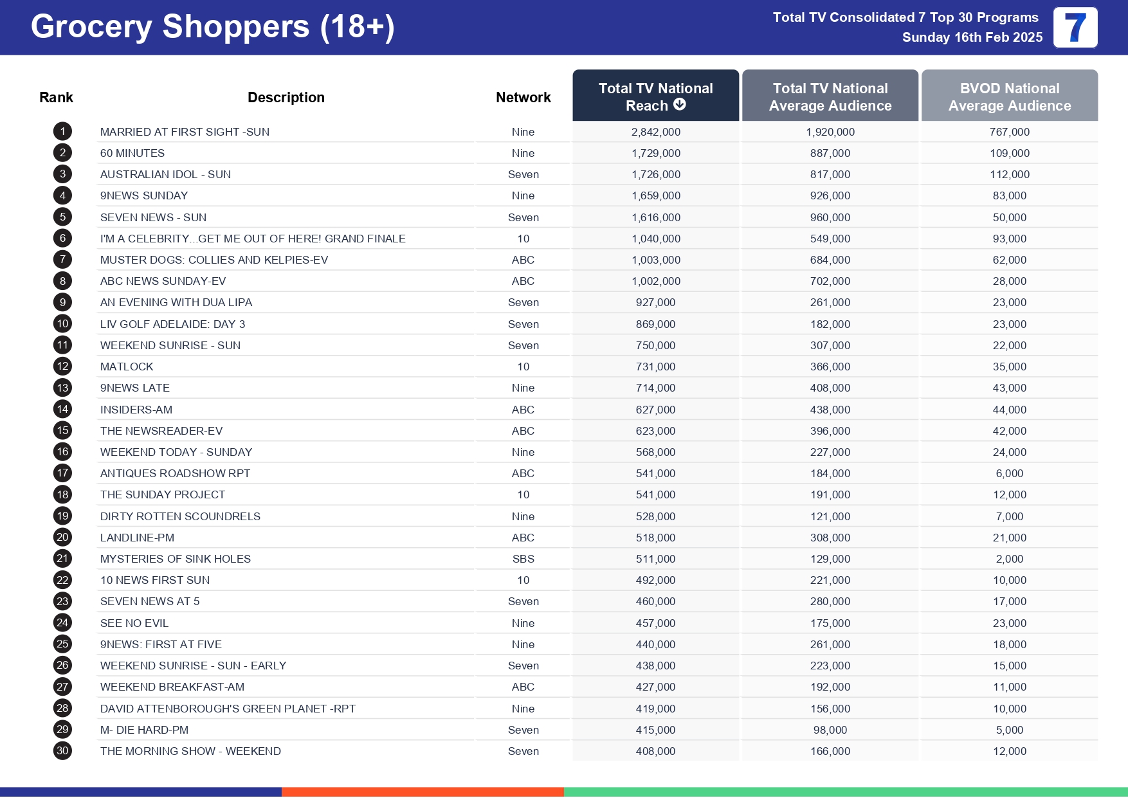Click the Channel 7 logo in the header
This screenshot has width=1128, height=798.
1075,28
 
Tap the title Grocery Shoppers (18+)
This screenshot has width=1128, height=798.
212,27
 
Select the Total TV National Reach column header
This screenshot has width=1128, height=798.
655,96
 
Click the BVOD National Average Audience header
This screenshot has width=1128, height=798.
1009,96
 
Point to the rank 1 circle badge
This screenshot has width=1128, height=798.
62,132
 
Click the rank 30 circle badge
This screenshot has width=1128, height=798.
62,750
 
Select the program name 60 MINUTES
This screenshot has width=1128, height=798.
132,153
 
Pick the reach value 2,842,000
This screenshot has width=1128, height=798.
655,132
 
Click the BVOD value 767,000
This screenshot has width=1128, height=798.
1009,132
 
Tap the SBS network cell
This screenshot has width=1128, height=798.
523,559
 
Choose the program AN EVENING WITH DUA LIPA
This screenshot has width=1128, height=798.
176,302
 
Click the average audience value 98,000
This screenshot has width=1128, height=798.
830,730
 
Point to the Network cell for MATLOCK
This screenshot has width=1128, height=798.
523,367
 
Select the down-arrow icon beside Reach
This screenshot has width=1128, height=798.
680,104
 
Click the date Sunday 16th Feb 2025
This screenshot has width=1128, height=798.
972,37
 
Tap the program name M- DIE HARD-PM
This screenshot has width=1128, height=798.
144,730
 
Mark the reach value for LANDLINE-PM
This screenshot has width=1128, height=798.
655,538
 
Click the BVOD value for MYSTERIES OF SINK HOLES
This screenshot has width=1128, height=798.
1009,559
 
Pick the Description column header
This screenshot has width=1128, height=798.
286,97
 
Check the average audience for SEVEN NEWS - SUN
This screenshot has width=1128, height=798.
830,217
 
